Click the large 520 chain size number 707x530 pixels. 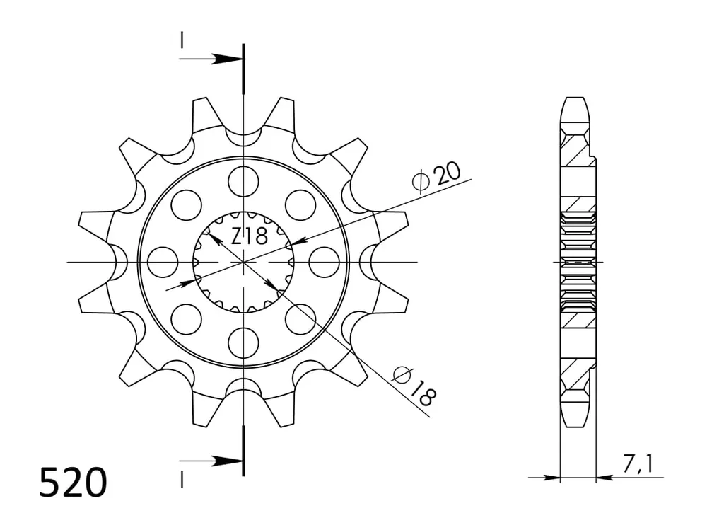[x=73, y=483]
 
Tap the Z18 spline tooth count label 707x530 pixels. [x=250, y=236]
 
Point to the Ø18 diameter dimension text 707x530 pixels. [x=414, y=385]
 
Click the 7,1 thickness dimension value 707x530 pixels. [x=638, y=463]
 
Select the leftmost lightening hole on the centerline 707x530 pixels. [x=163, y=262]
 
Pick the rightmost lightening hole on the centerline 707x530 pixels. [x=325, y=262]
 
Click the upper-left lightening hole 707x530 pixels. [x=186, y=204]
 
